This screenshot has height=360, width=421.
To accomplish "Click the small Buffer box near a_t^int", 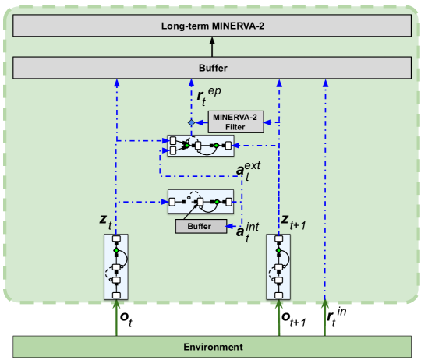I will [200, 226].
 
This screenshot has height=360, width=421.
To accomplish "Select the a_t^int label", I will [247, 230].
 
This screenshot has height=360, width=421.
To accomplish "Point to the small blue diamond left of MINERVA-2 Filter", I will [191, 122].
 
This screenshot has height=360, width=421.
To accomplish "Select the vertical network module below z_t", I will [116, 266].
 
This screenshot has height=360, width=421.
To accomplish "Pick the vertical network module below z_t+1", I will [279, 266].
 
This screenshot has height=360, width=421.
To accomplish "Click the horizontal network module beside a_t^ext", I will [200, 145].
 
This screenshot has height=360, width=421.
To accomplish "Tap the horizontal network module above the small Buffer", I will [200, 203].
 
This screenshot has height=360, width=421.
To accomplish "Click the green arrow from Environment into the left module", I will [116, 319].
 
